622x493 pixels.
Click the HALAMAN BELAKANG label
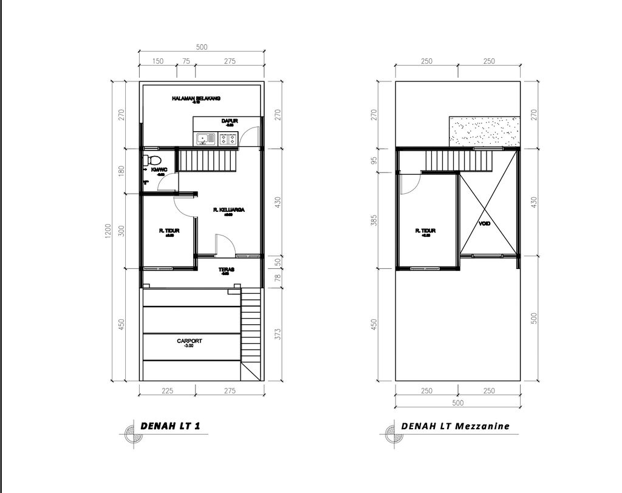tap(196, 98)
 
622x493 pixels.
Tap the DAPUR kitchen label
tap(229, 121)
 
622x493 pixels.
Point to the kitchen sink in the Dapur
tap(204, 139)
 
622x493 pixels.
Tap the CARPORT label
tap(190, 341)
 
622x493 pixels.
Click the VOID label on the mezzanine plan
tap(484, 223)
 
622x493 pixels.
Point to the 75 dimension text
tap(186, 61)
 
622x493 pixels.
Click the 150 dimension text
tap(157, 61)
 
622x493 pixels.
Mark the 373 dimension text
tap(277, 333)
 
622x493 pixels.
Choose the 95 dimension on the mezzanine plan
tap(374, 161)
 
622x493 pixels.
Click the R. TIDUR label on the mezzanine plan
tap(426, 231)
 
